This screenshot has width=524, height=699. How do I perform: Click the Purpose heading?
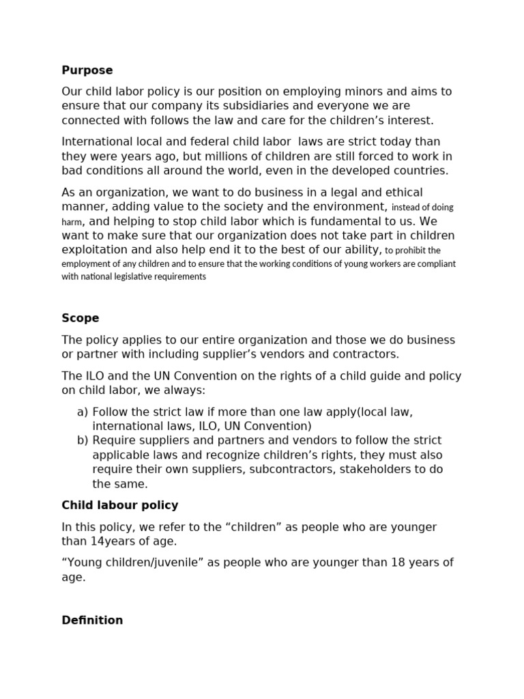87,70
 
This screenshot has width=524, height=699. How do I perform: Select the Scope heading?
81,318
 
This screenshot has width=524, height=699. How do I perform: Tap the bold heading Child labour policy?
120,505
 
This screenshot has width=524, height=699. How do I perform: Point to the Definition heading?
92,620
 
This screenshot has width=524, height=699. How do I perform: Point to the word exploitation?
96,250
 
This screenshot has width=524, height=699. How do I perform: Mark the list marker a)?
83,412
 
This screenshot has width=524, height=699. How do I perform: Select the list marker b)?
83,440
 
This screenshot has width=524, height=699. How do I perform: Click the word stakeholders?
385,470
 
